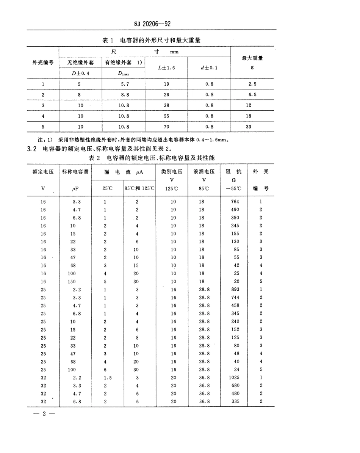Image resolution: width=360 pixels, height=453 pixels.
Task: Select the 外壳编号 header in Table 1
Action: click(42, 62)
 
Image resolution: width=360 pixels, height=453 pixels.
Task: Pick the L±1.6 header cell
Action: click(166, 68)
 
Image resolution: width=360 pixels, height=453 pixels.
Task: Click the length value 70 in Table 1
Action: click(166, 127)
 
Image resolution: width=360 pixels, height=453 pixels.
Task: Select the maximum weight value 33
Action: click(249, 127)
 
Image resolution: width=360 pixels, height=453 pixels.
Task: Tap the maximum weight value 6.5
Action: click(249, 95)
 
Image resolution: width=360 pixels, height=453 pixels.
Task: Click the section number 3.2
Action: click(31, 149)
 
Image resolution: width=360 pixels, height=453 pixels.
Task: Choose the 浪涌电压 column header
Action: click(204, 172)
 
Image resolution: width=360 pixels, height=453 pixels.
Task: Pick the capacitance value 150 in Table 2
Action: click(72, 282)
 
